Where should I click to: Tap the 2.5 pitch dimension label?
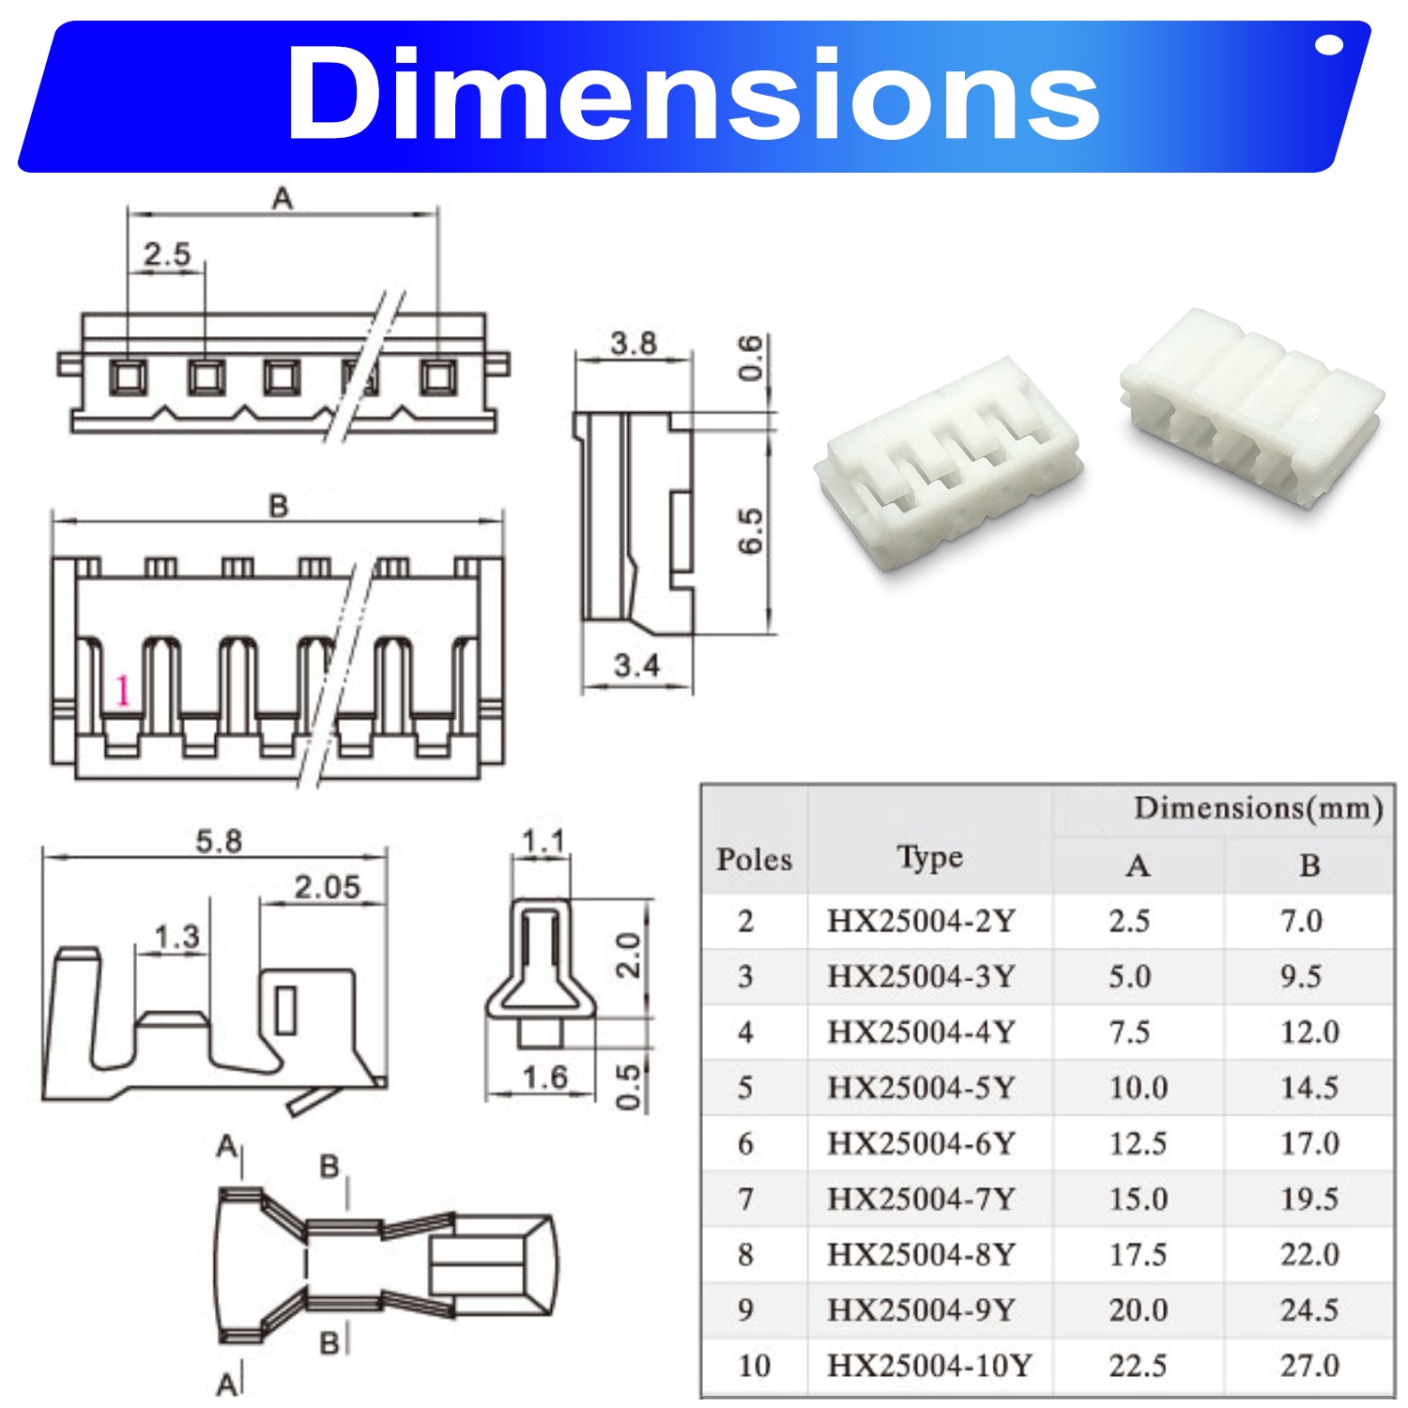tap(166, 253)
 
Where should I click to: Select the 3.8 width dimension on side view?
tap(634, 344)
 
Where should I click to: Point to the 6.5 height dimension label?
tap(751, 531)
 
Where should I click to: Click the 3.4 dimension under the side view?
tap(636, 666)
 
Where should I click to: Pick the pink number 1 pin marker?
tap(122, 692)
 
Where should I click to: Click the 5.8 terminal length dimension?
tap(218, 840)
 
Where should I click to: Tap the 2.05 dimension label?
tap(327, 887)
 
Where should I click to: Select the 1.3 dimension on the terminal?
tap(176, 936)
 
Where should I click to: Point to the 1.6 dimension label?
tap(544, 1077)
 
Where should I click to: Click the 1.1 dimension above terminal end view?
tap(543, 842)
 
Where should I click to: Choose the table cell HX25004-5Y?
tap(921, 1087)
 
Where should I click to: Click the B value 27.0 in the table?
tap(1309, 1365)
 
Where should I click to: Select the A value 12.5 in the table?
tap(1138, 1143)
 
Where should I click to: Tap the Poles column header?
tap(754, 859)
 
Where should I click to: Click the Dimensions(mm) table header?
tap(1258, 808)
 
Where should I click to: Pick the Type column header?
tap(929, 857)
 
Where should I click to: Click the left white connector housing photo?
tap(948, 465)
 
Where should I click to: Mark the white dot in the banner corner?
tap(1329, 45)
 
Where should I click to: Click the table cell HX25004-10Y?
tap(929, 1365)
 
